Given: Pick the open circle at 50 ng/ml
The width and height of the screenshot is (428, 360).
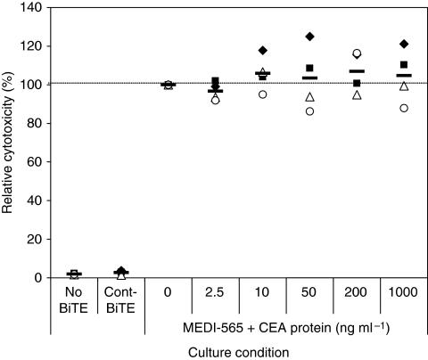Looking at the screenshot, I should [309, 111].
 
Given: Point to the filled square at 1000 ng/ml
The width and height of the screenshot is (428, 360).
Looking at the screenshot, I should [403, 65].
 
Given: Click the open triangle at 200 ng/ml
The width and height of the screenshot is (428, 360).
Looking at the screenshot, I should [357, 95].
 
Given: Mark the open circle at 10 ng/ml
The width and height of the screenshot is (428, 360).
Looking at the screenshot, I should [262, 94].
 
